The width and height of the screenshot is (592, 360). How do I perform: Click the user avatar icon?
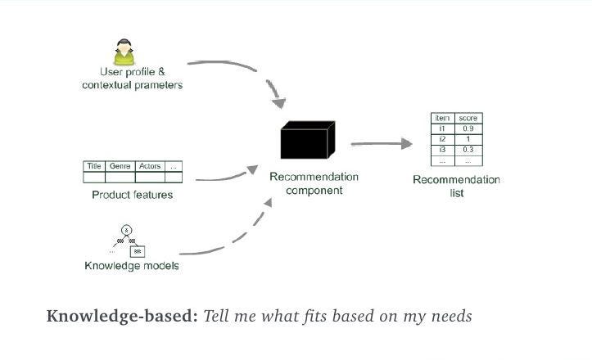click(125, 52)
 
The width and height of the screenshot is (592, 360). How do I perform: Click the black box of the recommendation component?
click(307, 141)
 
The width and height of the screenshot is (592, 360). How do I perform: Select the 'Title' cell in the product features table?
click(94, 166)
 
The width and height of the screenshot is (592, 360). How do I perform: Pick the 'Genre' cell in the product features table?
click(120, 166)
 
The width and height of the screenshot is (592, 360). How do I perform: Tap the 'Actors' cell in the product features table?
click(150, 166)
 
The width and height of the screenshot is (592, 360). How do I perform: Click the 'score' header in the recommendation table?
click(468, 119)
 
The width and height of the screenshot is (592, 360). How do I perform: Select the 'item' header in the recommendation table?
click(442, 119)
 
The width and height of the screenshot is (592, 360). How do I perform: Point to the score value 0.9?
click(468, 129)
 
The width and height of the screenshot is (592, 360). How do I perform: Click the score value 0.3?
click(468, 150)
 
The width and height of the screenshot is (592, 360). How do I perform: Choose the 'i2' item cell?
click(442, 139)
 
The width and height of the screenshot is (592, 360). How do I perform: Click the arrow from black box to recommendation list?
click(381, 144)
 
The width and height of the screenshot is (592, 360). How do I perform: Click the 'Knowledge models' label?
click(132, 266)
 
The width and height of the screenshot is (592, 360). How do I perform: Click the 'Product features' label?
click(132, 195)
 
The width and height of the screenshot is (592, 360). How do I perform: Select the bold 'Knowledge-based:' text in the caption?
click(122, 316)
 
